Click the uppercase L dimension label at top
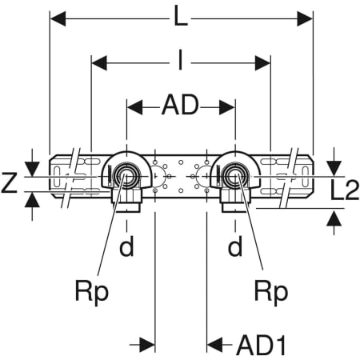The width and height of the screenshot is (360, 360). pos(181,17)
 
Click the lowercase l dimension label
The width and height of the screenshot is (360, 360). pos(181,60)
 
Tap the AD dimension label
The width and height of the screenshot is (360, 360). pos(181,105)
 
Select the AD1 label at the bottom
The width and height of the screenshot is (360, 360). pos(262,346)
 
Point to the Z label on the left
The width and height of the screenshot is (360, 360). pos(9,182)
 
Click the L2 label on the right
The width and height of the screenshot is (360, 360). pos(345,190)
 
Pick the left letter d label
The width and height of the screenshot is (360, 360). pos(126,246)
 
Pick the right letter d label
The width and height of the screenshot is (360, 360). pos(235,246)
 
